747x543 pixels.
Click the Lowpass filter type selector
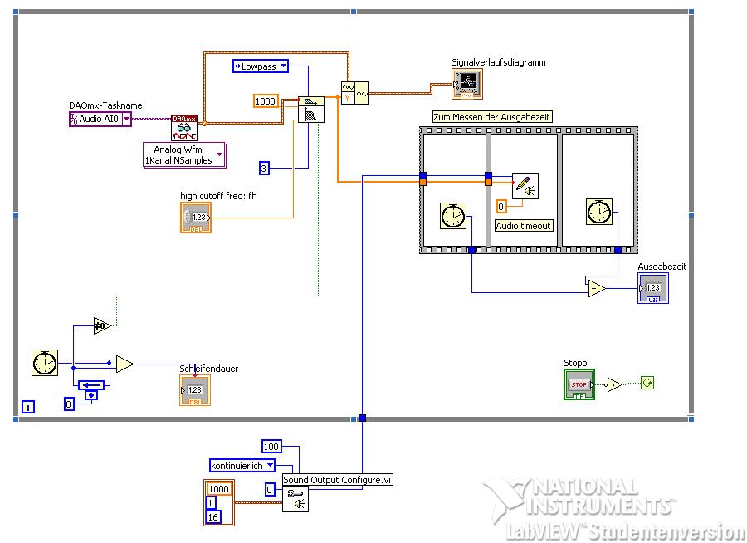tap(261, 66)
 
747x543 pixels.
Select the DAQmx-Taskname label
tap(105, 106)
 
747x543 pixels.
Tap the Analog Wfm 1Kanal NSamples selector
tap(183, 155)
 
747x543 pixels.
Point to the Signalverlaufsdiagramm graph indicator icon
tap(466, 82)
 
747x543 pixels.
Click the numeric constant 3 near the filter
tap(265, 169)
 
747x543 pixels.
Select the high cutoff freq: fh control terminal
tap(196, 217)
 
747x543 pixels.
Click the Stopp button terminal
tap(578, 384)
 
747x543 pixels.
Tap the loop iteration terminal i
tap(29, 406)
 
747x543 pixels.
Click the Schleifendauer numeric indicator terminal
tap(195, 389)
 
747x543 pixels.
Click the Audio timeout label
tap(524, 225)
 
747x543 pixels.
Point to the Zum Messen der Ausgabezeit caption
tap(492, 117)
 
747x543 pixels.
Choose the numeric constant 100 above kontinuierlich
tap(271, 447)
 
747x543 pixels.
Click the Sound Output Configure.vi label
tap(337, 480)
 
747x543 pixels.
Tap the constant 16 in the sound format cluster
tap(213, 517)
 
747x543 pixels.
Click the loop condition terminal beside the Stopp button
tap(647, 383)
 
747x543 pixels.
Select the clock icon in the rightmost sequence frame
tap(598, 212)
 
